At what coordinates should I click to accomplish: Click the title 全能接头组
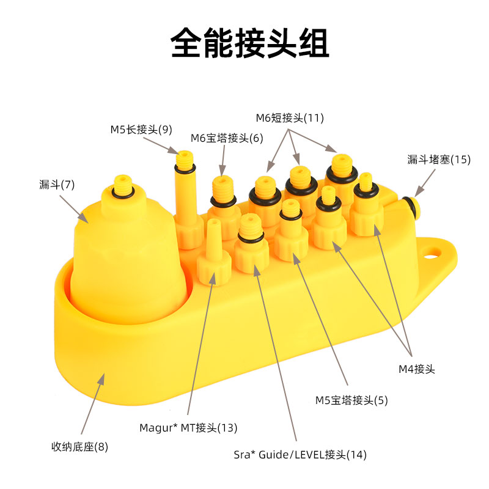249,43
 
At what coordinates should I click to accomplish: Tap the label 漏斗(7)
57,184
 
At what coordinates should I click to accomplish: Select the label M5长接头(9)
141,129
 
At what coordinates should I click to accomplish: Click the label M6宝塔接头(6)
227,138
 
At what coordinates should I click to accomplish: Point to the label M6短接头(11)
290,117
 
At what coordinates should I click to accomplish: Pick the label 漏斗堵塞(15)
439,160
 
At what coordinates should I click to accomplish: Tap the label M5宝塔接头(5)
351,400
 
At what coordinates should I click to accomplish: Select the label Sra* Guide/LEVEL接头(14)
300,455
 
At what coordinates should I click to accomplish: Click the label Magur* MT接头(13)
188,427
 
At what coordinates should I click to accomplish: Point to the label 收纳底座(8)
79,447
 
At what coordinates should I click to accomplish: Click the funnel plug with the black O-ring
409,204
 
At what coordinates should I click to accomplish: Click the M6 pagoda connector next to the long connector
222,199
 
